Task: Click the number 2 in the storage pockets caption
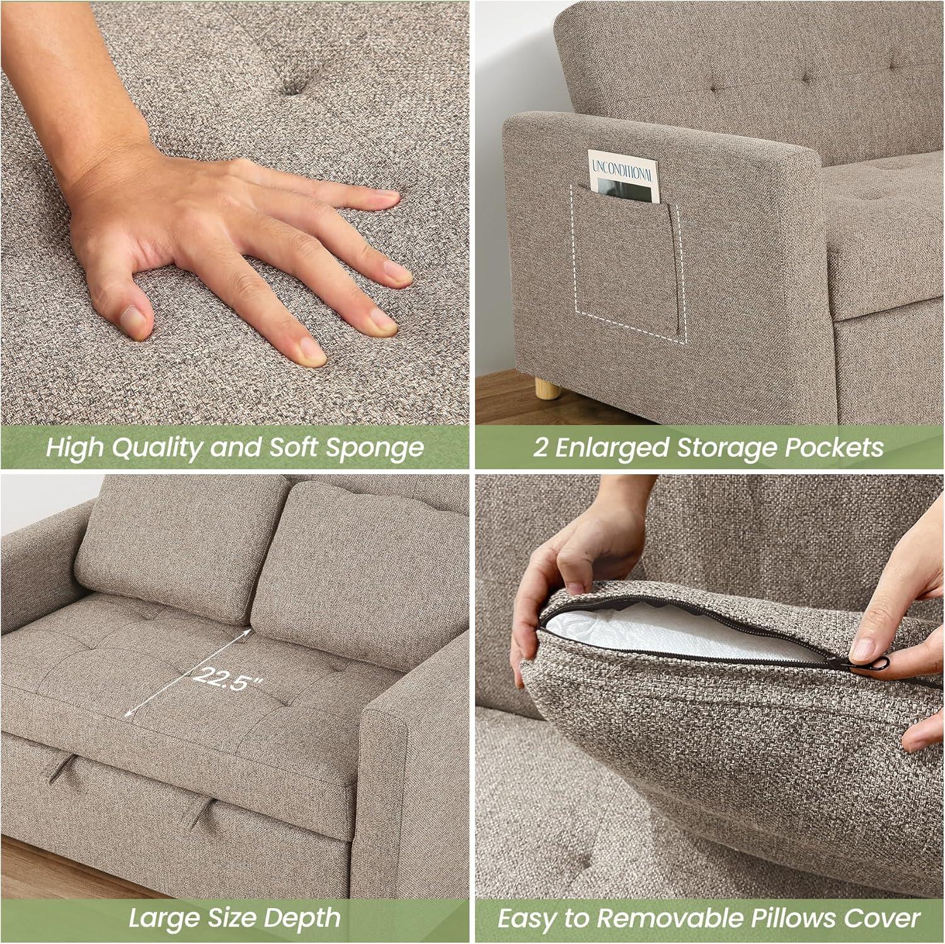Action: (539, 448)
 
